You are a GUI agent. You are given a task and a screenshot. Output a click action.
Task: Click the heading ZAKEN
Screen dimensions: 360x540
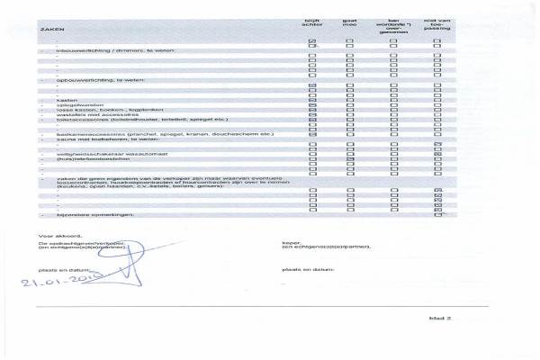coord(46,31)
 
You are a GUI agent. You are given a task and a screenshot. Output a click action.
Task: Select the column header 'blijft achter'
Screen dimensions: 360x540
coord(312,24)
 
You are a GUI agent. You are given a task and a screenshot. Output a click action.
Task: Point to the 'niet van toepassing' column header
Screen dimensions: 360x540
coord(437,24)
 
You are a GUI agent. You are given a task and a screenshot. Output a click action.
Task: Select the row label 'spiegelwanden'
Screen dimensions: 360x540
coord(71,106)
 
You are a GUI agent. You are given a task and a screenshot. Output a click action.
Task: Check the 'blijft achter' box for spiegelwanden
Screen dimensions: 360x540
coord(312,106)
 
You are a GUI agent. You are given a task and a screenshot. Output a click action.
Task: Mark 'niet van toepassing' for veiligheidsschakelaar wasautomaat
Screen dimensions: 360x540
coord(437,157)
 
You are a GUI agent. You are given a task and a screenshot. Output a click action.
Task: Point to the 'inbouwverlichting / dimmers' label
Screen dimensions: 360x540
coord(98,49)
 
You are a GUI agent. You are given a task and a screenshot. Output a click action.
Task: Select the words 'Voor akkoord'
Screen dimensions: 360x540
coord(54,233)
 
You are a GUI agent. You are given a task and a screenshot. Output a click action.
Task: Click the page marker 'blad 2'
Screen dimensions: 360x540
coord(438,319)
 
